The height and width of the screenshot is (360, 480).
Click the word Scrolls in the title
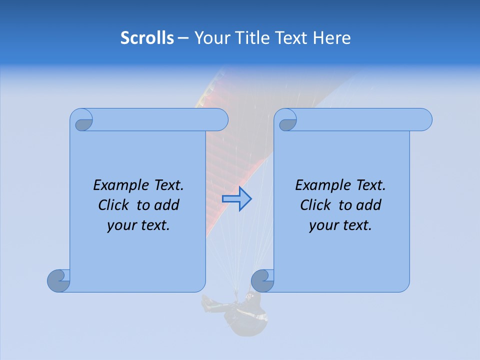click(147, 38)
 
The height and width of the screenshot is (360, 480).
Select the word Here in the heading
click(332, 38)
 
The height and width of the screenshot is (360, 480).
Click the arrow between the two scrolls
click(236, 199)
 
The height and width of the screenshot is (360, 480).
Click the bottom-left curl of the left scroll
click(58, 280)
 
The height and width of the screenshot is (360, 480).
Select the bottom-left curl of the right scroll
click(262, 280)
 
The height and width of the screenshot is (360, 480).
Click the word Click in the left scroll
click(114, 205)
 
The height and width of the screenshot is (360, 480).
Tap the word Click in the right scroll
click(315, 205)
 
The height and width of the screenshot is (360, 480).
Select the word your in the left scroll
click(120, 225)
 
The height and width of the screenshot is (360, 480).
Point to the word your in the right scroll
click(322, 225)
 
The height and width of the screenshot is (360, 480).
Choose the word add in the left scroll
click(167, 205)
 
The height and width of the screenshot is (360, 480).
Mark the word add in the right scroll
click(369, 205)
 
